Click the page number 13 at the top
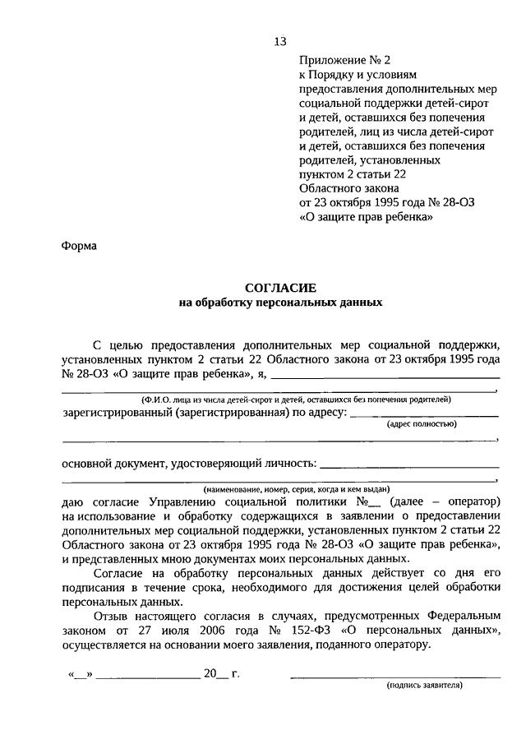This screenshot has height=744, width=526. point(280,42)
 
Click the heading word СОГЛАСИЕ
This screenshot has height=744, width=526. point(280,288)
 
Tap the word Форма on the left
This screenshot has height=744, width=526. point(79,245)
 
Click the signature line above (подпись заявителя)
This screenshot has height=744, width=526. point(395,676)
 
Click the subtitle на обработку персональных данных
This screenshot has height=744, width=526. point(280,303)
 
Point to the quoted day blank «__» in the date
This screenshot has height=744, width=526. point(81,675)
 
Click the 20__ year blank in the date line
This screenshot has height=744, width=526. point(217,674)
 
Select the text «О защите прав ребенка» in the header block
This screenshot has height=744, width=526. point(362,218)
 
